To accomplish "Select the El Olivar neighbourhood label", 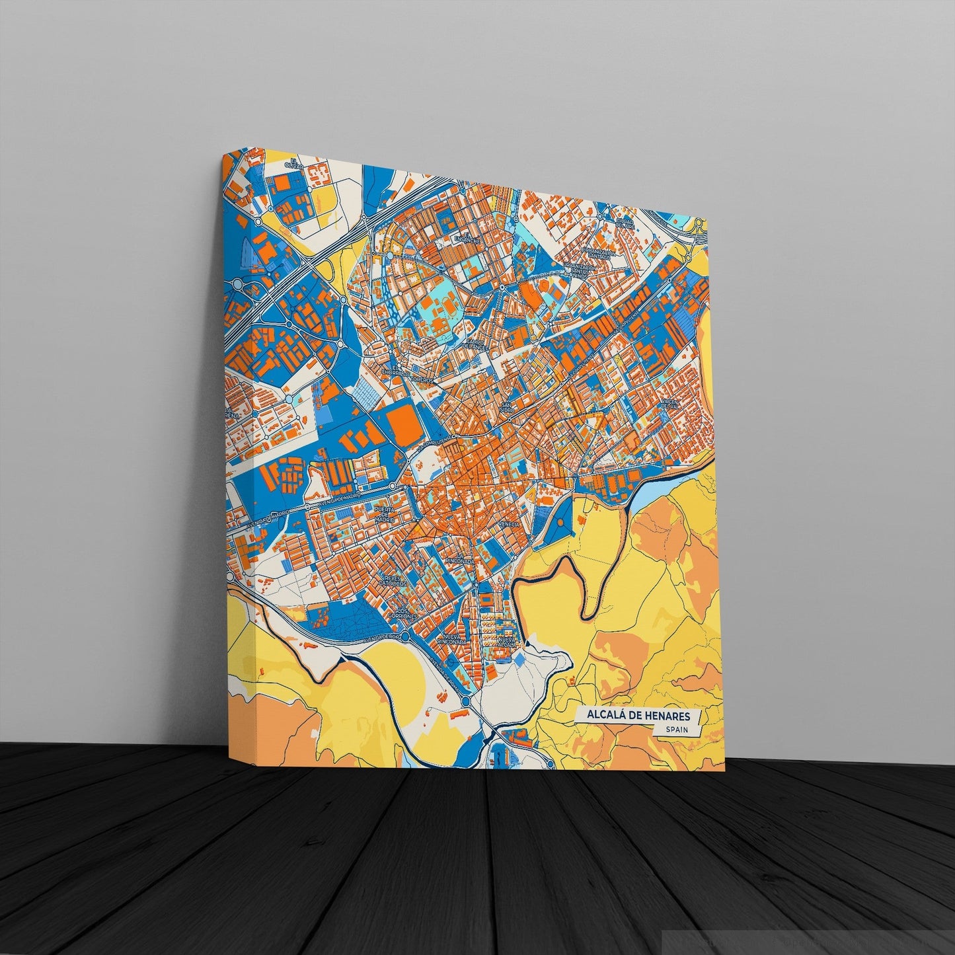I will point(289,163).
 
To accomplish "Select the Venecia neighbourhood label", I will point(510,523).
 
